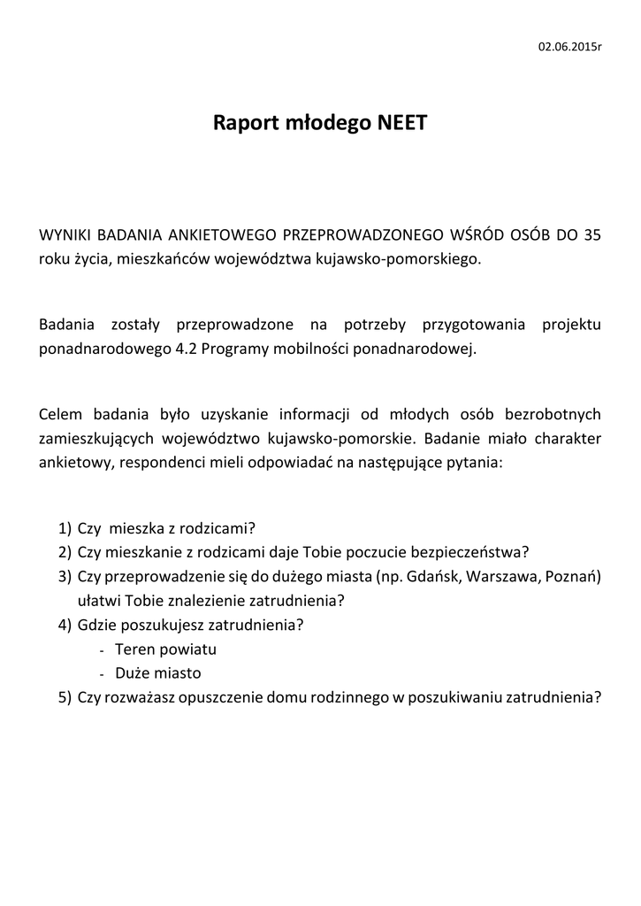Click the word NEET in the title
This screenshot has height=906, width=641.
point(401,123)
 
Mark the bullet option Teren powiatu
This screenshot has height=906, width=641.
point(165,649)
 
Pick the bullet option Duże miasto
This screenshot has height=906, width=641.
point(157,672)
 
